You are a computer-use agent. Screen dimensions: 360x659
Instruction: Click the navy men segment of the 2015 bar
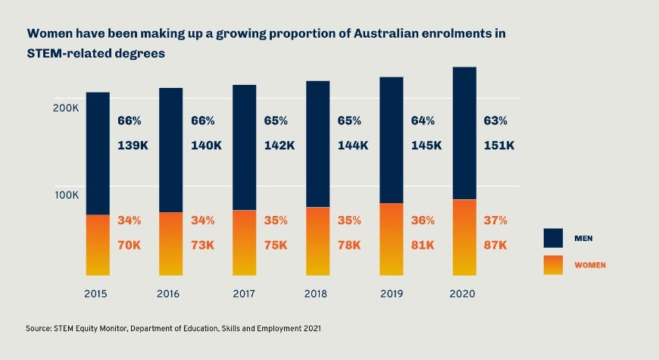click(x=97, y=153)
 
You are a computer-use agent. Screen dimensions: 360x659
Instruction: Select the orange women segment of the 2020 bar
click(x=464, y=237)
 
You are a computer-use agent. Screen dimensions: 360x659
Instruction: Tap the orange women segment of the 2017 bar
click(x=244, y=243)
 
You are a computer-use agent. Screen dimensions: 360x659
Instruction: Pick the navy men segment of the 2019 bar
click(x=391, y=140)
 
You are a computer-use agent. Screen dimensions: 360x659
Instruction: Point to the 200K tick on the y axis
click(x=66, y=108)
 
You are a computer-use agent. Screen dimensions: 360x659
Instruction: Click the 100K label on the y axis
click(x=66, y=195)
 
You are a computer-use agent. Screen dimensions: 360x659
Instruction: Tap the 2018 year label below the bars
click(x=317, y=293)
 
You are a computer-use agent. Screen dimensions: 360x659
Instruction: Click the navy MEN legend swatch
click(x=553, y=238)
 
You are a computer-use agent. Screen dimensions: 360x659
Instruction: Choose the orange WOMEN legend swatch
click(x=553, y=265)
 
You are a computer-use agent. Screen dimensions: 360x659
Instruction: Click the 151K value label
click(x=499, y=146)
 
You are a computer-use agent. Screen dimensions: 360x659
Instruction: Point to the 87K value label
click(x=496, y=245)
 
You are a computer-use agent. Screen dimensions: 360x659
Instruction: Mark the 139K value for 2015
click(x=132, y=146)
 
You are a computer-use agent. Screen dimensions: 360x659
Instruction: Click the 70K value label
click(x=129, y=245)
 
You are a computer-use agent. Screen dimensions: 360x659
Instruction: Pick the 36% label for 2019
click(x=422, y=221)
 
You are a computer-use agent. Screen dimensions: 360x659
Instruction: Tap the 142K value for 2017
click(x=279, y=146)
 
